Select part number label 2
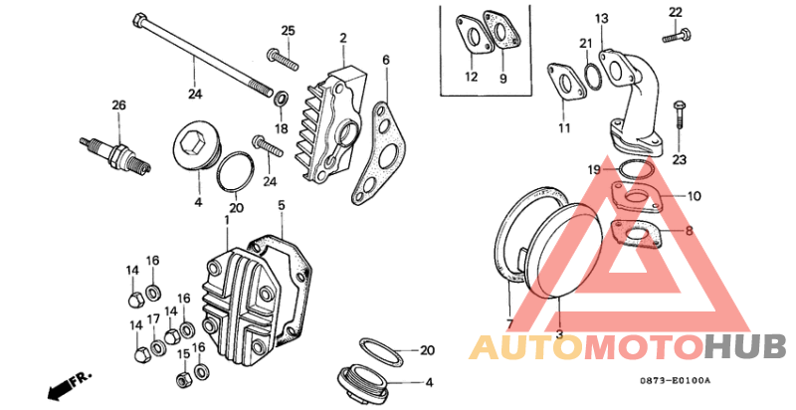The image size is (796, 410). tap(343, 38)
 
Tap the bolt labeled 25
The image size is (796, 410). tap(282, 60)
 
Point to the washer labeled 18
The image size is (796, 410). tap(281, 98)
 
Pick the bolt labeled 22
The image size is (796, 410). tap(678, 35)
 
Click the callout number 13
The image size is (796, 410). tap(602, 19)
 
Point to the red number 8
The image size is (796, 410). tap(689, 231)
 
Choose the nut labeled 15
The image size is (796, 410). tap(183, 378)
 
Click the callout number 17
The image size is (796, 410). tap(154, 319)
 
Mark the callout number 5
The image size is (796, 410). tap(282, 205)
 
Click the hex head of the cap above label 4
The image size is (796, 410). tap(191, 138)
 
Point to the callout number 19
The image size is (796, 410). tap(594, 169)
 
